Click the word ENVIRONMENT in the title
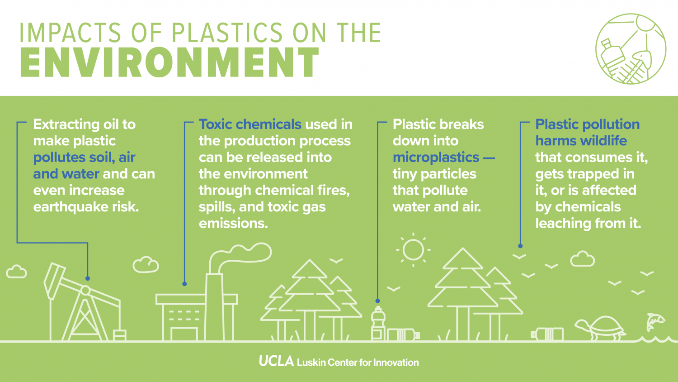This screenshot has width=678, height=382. pos(169,63)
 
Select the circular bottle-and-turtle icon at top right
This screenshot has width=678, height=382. pos(631,49)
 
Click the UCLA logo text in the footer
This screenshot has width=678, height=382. pos(276,361)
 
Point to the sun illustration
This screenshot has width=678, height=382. pos(413,249)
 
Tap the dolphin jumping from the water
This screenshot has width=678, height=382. pos(655,321)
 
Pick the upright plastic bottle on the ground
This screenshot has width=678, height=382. pos(378,323)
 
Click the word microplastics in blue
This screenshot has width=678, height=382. pos(436,158)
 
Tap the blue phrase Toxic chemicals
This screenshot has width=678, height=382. pos(250,124)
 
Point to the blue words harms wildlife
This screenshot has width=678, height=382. pos(581,141)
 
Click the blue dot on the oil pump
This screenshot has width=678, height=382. pos(88,278)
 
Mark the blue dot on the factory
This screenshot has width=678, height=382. pos(184,284)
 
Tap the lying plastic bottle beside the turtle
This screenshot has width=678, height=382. pos(547,334)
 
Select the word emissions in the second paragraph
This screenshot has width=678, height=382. pos(233,224)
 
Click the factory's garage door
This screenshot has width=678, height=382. pos(184,334)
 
